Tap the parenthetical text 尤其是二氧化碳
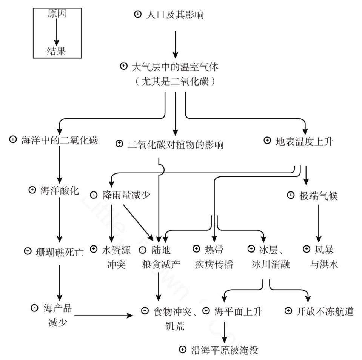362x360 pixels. tap(176, 81)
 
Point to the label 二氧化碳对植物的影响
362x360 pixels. tap(176, 144)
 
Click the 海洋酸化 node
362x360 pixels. tap(60, 190)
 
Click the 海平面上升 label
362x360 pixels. tap(238, 311)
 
